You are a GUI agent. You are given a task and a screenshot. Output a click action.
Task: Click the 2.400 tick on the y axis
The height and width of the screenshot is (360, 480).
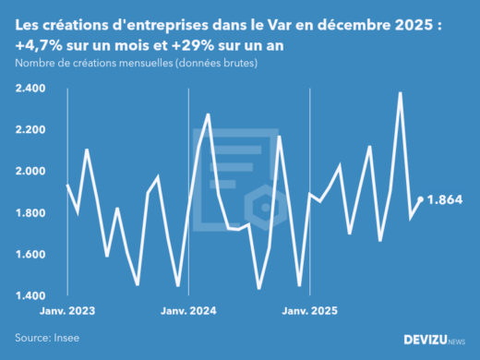tap(34, 90)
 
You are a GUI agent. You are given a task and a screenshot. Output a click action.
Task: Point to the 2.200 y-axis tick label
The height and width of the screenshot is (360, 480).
tap(34, 130)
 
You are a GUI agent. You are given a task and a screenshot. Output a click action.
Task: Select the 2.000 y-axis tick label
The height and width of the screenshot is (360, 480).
tap(34, 172)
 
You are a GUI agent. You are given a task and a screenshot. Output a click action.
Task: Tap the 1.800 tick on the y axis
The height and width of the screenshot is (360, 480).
tap(34, 213)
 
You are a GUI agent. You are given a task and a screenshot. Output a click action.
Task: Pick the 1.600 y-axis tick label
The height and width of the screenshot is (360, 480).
tap(34, 255)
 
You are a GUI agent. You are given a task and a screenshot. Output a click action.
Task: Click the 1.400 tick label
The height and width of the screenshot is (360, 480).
tap(34, 296)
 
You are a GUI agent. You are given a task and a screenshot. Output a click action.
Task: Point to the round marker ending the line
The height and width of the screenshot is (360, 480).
tap(422, 199)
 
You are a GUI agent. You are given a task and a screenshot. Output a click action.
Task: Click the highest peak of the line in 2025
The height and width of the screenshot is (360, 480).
tap(400, 92)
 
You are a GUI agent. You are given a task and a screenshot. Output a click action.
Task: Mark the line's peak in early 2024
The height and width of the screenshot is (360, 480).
tap(209, 114)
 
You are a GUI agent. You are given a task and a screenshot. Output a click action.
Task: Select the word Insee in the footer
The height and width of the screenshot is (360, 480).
tap(66, 338)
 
